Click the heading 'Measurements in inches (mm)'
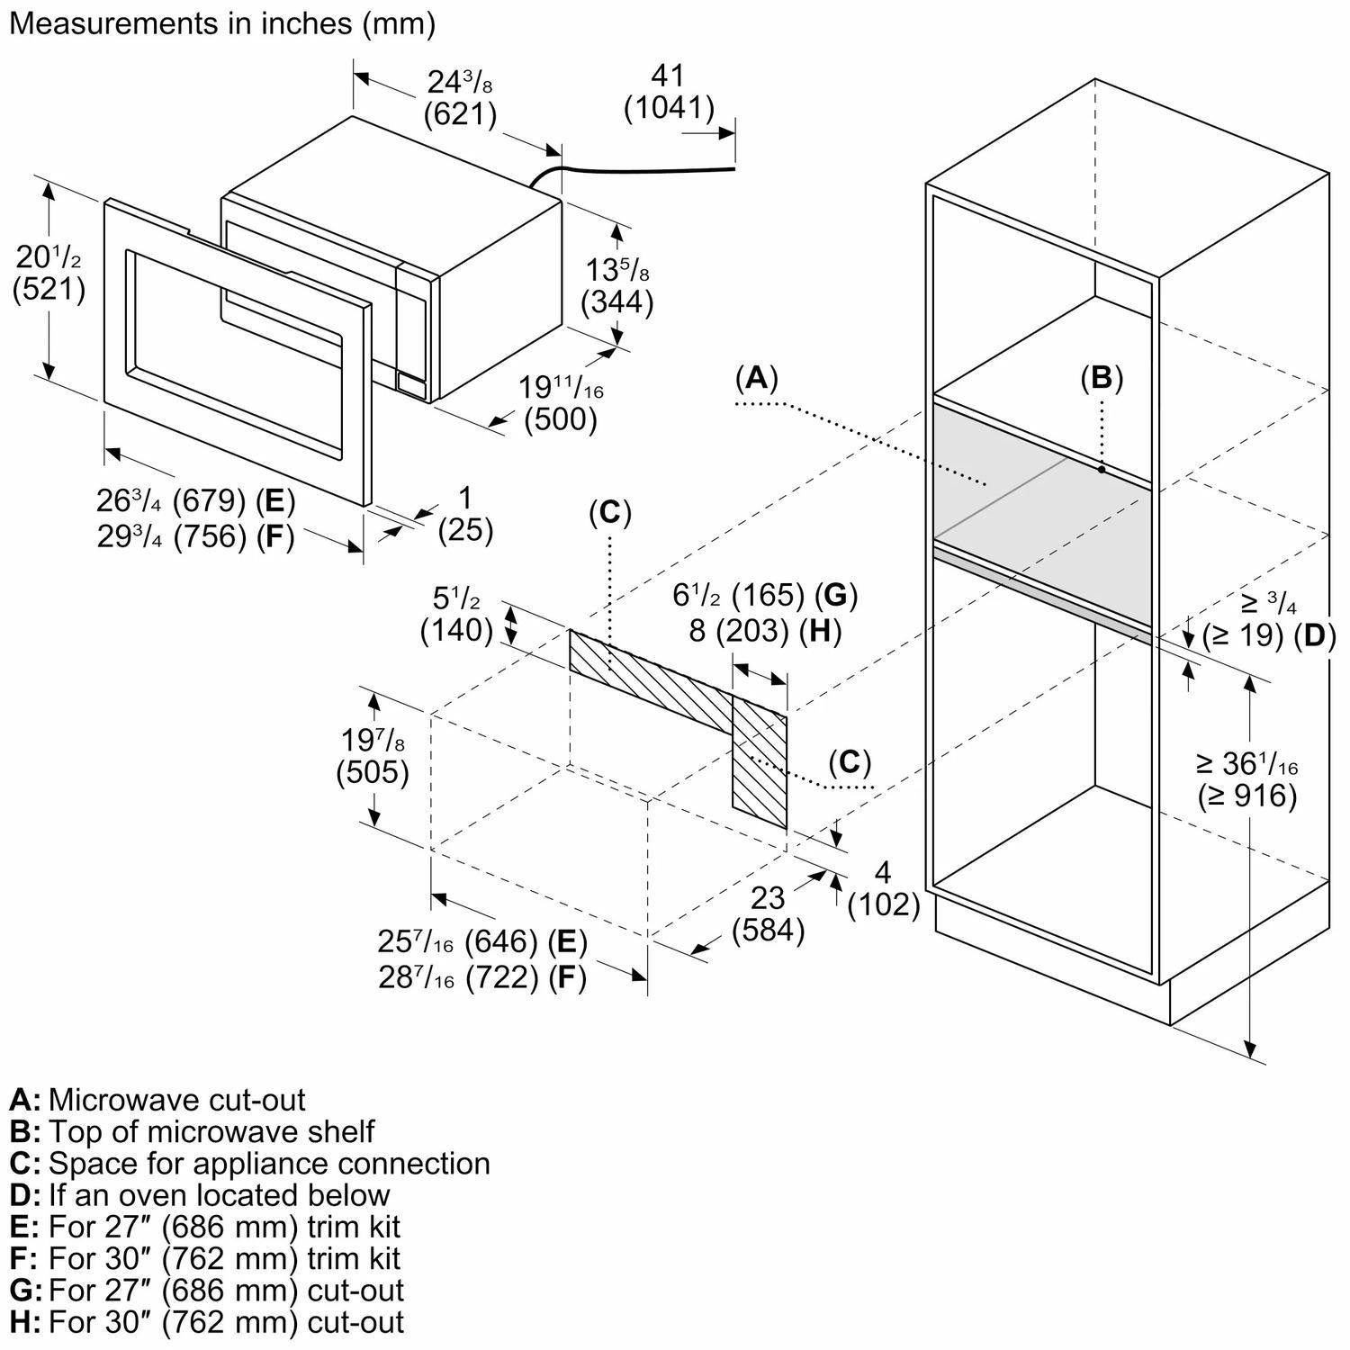click(221, 23)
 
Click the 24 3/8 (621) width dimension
click(460, 97)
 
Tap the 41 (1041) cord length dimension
click(669, 92)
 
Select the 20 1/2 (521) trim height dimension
click(49, 273)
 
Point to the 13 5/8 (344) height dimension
click(617, 285)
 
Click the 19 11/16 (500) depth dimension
click(560, 402)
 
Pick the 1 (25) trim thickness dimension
click(465, 514)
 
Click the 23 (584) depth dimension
click(768, 913)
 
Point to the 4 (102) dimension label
click(884, 888)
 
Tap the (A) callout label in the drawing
click(756, 378)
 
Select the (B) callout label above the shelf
click(1102, 379)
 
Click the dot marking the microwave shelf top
click(1102, 469)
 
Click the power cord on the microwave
click(630, 167)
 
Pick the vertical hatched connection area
click(760, 765)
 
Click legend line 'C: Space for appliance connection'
click(250, 1163)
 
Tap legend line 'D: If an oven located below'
click(200, 1195)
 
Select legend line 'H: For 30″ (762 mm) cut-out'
click(207, 1322)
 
